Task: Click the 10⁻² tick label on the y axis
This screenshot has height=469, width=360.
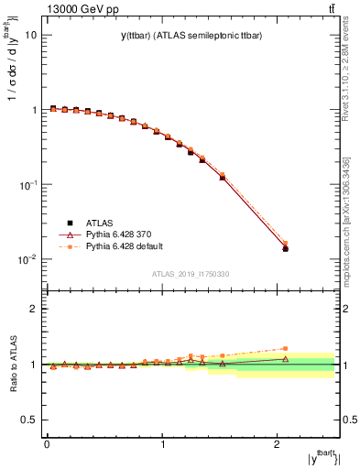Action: click(x=27, y=259)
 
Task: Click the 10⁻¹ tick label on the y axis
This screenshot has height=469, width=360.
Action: click(x=27, y=184)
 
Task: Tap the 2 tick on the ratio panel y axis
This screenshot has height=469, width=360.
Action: click(x=34, y=309)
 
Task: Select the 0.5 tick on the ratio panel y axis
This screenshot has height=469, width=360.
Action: click(x=29, y=420)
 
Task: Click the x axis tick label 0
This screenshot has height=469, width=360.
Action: click(x=47, y=444)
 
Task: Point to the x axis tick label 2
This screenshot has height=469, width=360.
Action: click(x=278, y=444)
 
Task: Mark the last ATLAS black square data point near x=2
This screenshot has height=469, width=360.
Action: click(x=285, y=248)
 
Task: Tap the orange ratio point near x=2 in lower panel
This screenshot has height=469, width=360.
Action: click(x=285, y=348)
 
